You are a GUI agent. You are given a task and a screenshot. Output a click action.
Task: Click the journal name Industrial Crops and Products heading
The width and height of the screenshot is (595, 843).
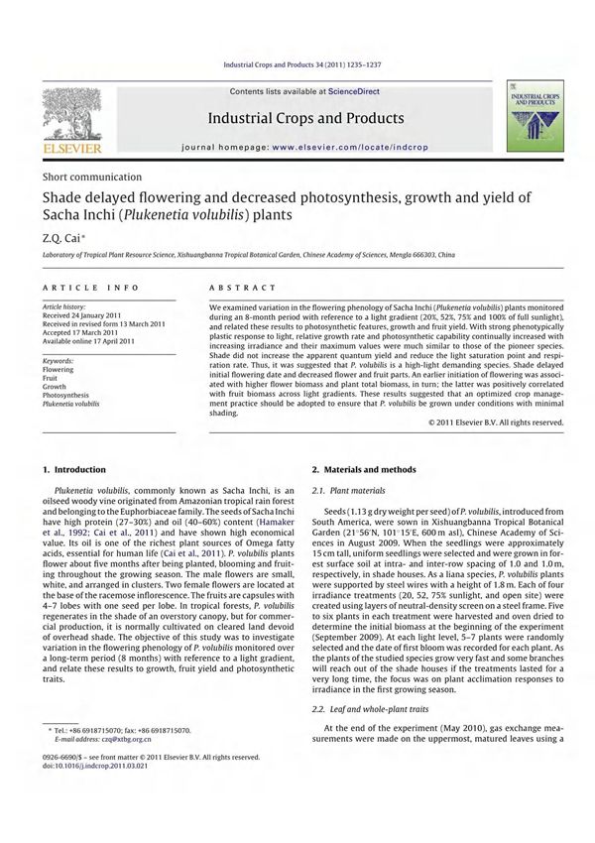pyautogui.click(x=305, y=119)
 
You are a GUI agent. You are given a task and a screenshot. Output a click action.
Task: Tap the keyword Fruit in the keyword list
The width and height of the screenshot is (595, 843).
pyautogui.click(x=51, y=377)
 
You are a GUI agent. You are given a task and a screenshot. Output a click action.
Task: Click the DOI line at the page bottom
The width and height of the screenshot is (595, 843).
pyautogui.click(x=95, y=767)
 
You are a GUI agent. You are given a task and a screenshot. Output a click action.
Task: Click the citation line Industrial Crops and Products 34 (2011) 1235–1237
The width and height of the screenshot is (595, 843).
pyautogui.click(x=297, y=67)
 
